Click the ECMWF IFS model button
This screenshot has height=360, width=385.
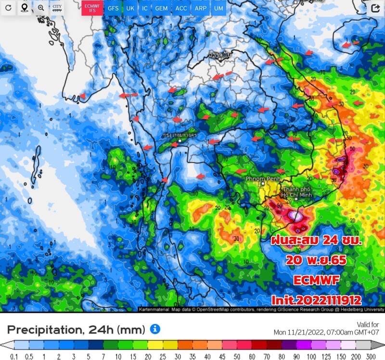(91, 8)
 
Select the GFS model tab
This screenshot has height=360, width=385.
(113, 8)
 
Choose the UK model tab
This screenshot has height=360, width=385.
(130, 8)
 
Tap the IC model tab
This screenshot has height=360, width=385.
(145, 8)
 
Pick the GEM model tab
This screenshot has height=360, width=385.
(161, 8)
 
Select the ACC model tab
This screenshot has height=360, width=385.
(181, 8)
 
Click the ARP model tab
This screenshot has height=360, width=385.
(200, 8)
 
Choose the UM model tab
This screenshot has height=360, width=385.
(218, 8)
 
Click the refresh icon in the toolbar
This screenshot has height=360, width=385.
(8, 8)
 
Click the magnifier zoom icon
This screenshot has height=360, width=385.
(41, 8)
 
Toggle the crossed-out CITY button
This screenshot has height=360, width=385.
(57, 8)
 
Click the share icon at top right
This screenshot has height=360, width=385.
(375, 8)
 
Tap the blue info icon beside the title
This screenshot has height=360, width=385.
(154, 329)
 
